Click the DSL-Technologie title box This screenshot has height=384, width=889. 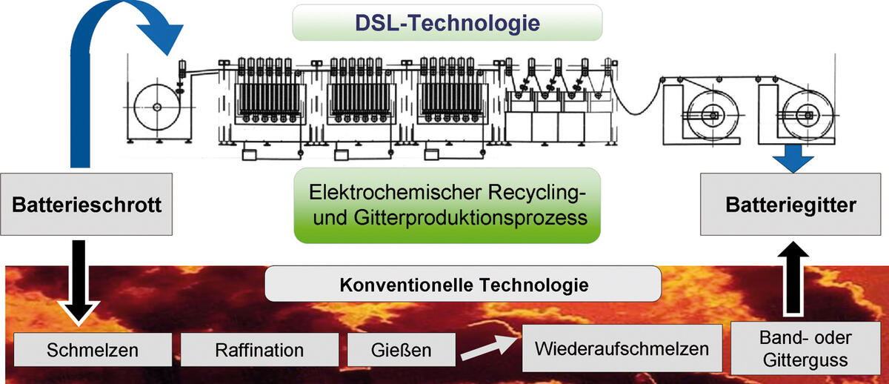[447, 22]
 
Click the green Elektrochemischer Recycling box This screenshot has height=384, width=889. [447, 205]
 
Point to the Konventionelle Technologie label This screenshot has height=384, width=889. [462, 284]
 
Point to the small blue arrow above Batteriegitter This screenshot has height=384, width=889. [790, 158]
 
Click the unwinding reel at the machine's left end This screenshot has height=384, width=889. [157, 107]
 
